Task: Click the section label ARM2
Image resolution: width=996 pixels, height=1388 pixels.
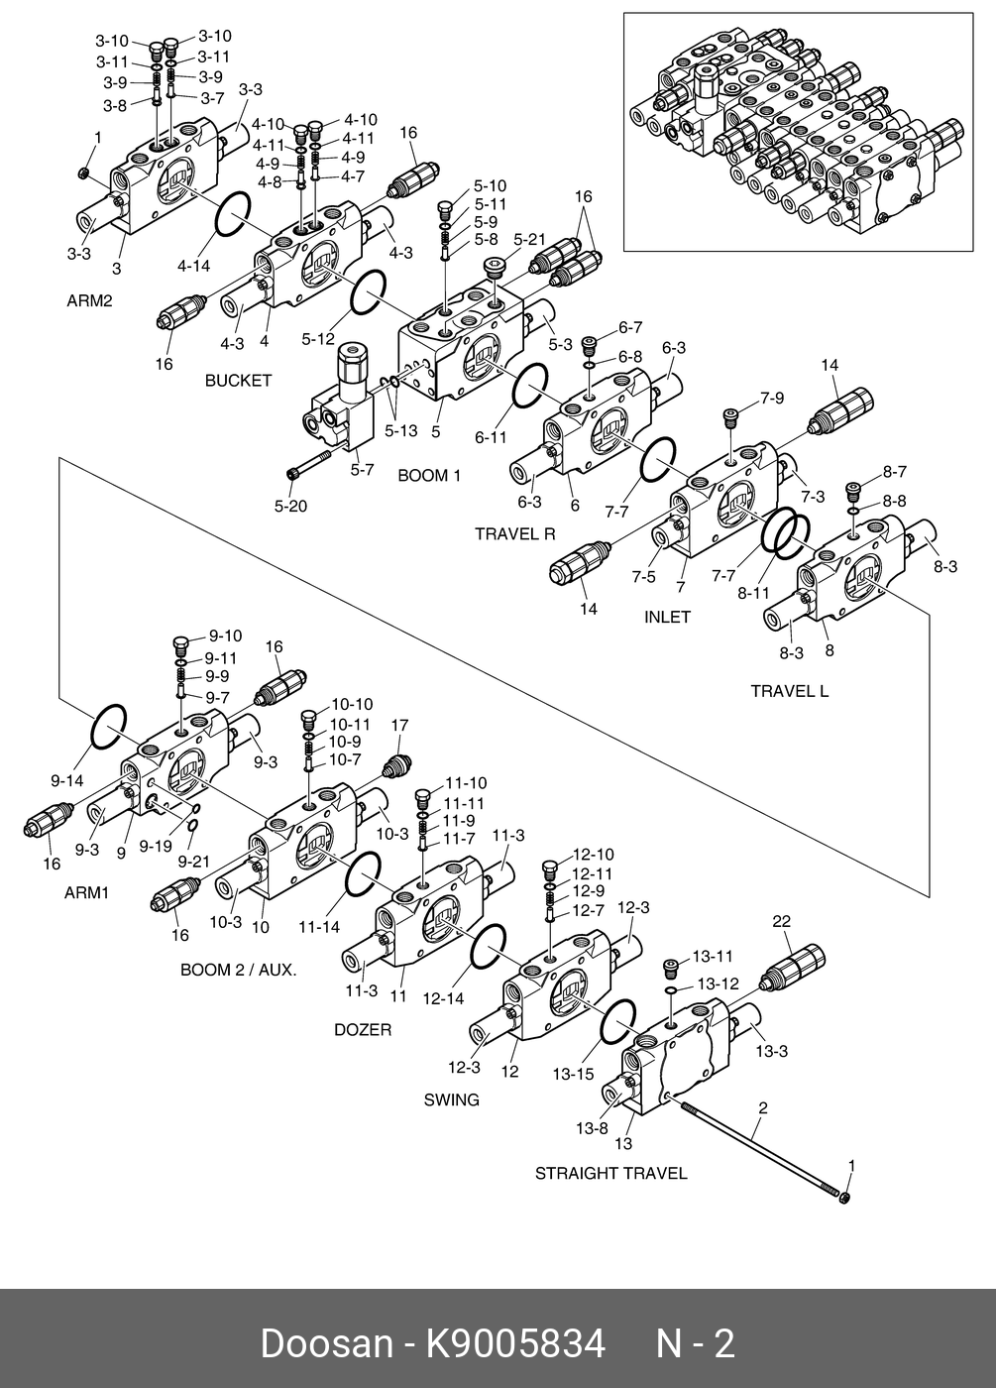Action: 89,301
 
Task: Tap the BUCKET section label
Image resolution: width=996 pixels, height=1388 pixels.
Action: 239,381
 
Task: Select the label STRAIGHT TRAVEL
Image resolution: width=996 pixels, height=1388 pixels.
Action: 610,1174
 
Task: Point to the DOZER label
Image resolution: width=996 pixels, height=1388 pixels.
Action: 363,1030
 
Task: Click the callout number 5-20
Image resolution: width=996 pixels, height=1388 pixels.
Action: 290,507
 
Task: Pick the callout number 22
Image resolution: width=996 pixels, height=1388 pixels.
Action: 782,921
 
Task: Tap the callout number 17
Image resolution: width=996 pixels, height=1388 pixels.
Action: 399,725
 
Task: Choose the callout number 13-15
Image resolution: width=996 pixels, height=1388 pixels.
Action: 573,1074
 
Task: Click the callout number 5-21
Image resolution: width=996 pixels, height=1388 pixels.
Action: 529,240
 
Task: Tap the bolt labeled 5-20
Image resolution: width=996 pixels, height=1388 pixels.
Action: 309,464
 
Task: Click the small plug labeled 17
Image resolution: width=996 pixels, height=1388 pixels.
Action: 395,766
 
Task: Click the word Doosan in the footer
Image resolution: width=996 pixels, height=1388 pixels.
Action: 326,1343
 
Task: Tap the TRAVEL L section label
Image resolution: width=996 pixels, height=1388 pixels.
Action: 789,692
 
